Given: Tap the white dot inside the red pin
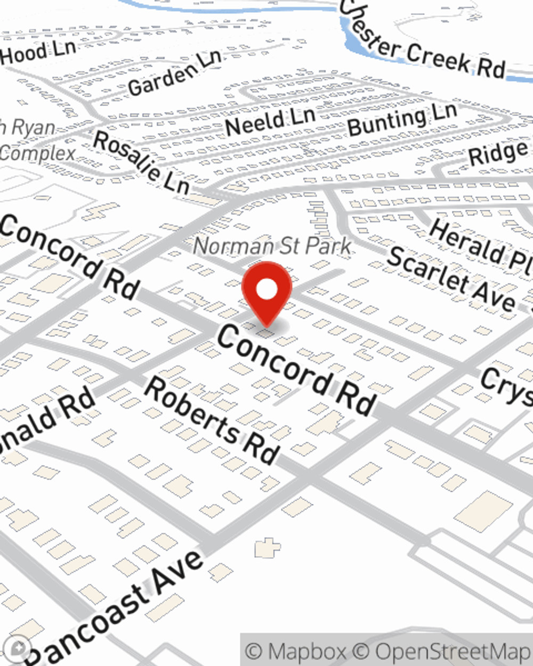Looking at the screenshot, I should click(x=266, y=290).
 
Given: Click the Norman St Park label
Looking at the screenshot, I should click(x=272, y=246).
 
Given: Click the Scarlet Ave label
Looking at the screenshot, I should click(x=451, y=279).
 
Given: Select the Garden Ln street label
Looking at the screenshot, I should click(x=174, y=75).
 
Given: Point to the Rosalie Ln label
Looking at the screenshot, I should click(x=141, y=162).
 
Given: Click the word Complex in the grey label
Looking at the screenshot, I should click(x=37, y=153).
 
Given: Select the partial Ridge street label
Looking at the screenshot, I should click(x=499, y=153).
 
